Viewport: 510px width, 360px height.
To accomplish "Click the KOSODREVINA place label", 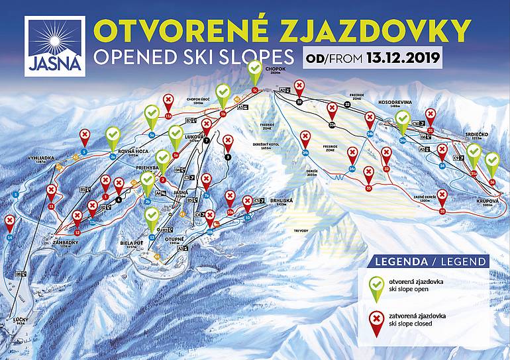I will (x=395, y=102).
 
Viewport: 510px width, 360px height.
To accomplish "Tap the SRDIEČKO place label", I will (x=478, y=133).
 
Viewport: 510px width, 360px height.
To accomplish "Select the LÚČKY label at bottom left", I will (x=21, y=320).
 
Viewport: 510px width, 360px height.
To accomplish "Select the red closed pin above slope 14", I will (x=9, y=222).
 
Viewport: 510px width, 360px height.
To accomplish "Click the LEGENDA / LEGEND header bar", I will (x=431, y=261).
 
